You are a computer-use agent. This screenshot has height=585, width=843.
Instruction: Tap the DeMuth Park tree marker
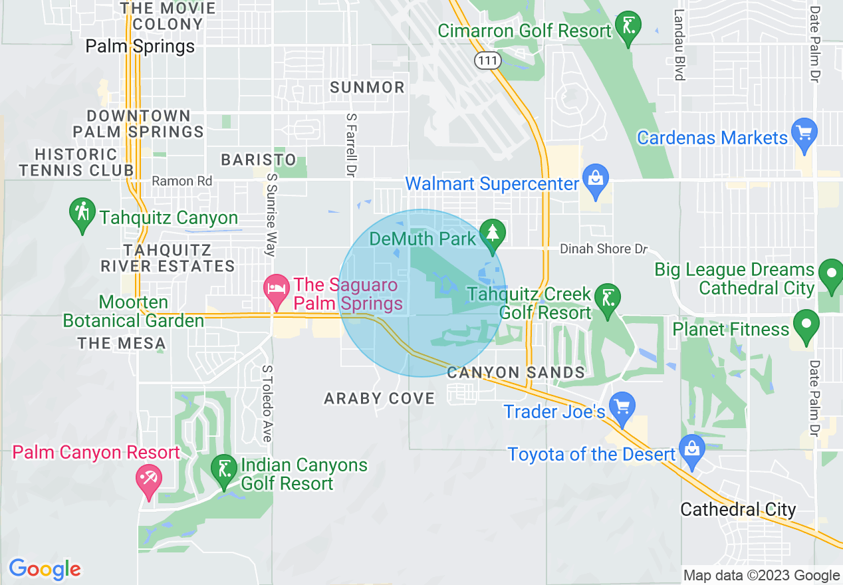(492, 234)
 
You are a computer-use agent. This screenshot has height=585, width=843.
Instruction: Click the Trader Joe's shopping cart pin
(623, 407)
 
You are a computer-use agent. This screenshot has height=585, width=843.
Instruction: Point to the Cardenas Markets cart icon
(805, 132)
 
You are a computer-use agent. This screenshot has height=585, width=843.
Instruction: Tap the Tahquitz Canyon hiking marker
(82, 214)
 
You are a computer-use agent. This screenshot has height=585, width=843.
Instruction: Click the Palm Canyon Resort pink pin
(148, 480)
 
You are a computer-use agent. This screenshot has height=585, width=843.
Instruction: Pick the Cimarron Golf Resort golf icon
(628, 27)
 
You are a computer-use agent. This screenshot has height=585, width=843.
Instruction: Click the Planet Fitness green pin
(806, 326)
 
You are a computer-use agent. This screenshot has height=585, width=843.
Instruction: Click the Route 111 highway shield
(487, 60)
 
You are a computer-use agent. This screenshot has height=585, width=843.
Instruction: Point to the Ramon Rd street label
(182, 181)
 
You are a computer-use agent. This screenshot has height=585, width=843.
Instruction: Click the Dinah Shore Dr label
(603, 249)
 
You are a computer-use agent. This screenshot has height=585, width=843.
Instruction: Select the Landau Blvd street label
(679, 44)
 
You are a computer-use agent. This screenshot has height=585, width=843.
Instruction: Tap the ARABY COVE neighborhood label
(379, 398)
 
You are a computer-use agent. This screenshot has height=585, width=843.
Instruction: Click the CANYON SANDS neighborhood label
(516, 372)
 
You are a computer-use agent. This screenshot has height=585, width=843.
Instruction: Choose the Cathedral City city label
(738, 510)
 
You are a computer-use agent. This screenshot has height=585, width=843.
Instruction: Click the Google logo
(45, 569)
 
